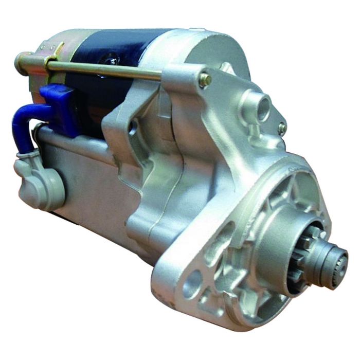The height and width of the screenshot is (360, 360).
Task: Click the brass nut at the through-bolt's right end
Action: pyautogui.click(x=205, y=80)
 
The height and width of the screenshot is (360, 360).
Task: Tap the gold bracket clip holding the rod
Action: pyautogui.click(x=53, y=59)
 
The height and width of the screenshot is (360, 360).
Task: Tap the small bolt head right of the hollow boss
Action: pyautogui.click(x=282, y=128)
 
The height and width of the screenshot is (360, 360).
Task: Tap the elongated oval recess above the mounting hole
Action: pyautogui.click(x=224, y=242)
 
